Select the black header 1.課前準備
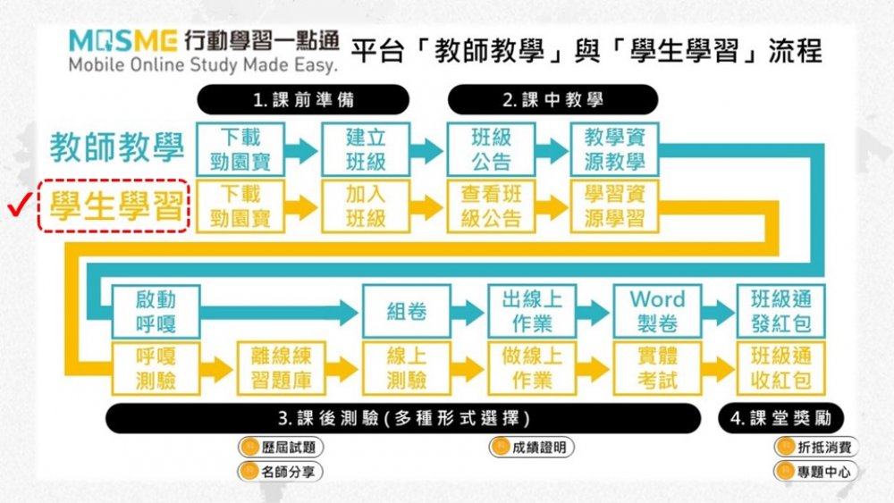[x=303, y=99]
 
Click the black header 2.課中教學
[x=552, y=99]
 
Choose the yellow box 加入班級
[x=366, y=206]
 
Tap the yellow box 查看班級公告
[x=491, y=206]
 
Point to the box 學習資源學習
[x=615, y=206]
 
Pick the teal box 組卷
[x=407, y=311]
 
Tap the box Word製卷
[x=657, y=310]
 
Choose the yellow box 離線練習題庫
[x=281, y=367]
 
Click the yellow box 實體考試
[x=657, y=367]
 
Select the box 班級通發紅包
[x=781, y=310]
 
